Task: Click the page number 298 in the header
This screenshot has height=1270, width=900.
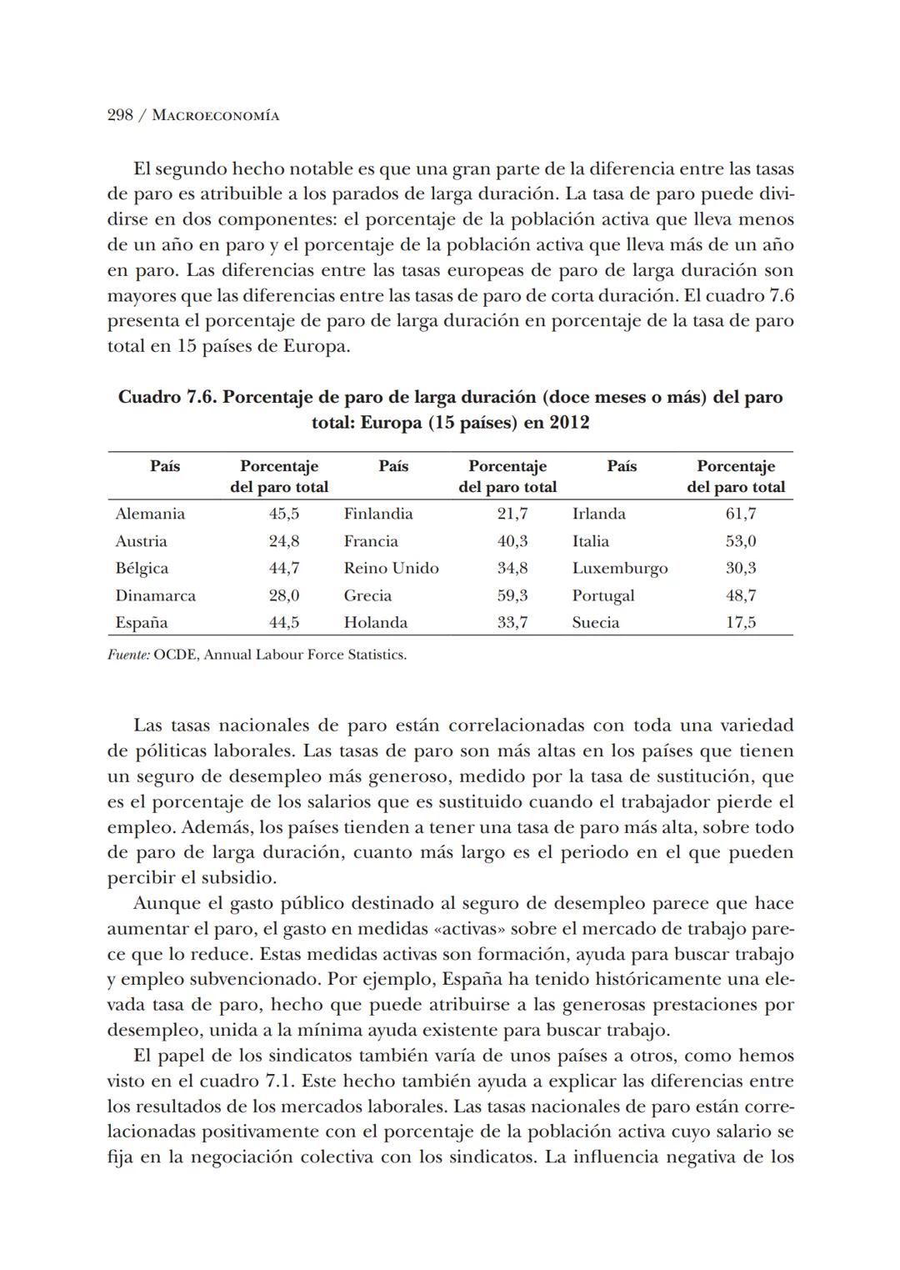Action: [x=121, y=115]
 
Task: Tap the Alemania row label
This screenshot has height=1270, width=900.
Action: [x=150, y=514]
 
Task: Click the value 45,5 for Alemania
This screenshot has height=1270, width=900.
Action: [x=284, y=514]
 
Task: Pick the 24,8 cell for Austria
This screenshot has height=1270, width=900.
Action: [x=284, y=541]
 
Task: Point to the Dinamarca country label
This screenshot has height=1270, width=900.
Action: [x=156, y=595]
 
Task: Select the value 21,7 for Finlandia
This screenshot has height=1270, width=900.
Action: [x=512, y=514]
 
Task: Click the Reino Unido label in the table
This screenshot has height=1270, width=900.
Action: [x=391, y=568]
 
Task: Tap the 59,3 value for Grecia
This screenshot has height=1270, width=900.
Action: [x=512, y=595]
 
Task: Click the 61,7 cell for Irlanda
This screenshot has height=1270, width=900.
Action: [x=741, y=514]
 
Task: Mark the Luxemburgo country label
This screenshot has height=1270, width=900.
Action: [x=620, y=568]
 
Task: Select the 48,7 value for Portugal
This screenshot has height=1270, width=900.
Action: [x=741, y=595]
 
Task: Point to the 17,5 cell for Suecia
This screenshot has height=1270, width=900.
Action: [x=741, y=623]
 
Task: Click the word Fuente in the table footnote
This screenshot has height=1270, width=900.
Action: [x=128, y=655]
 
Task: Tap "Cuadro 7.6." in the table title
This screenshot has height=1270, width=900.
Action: [x=167, y=397]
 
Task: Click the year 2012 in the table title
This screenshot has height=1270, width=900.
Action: [x=569, y=423]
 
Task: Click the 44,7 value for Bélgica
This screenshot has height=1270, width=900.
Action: [x=284, y=568]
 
